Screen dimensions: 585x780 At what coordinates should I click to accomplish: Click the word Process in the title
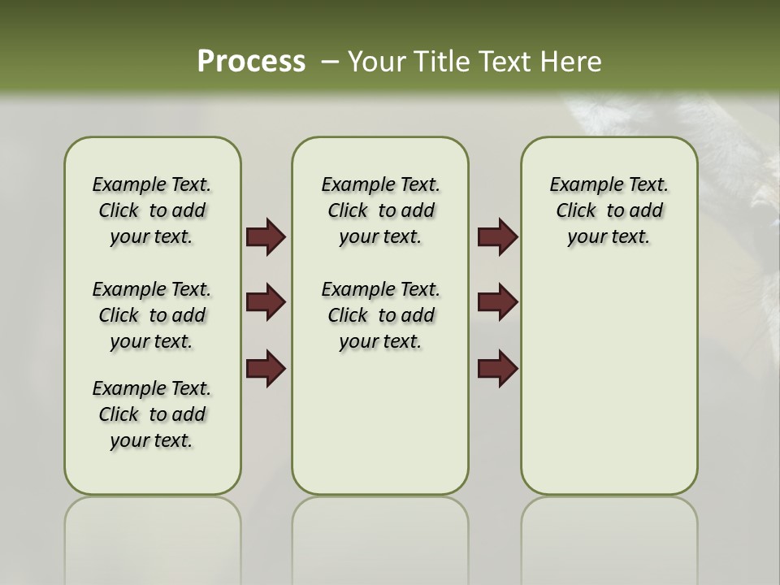coord(251,61)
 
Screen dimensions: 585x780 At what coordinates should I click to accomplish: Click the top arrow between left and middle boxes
coord(265,237)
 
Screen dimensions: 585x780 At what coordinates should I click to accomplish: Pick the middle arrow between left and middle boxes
coord(265,303)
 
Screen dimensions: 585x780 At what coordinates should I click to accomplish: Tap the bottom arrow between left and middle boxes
coord(265,370)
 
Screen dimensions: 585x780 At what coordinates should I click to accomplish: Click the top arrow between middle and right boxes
coord(497,237)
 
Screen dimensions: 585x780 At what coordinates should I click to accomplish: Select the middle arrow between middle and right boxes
coord(497,303)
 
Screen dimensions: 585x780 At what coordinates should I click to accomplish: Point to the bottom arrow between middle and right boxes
coord(497,370)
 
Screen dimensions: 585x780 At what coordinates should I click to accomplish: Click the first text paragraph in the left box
coord(152,210)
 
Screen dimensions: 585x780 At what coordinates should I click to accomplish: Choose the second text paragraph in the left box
coord(152,315)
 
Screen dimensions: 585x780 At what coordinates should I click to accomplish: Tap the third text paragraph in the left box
coord(152,414)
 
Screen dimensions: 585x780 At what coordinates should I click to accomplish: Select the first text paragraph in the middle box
coord(380,210)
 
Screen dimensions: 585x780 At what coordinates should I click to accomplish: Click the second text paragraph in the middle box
coord(380,315)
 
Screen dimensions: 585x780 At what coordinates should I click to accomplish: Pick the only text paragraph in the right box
coord(609,210)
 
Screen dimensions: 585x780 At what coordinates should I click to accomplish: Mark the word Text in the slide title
coord(504,61)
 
